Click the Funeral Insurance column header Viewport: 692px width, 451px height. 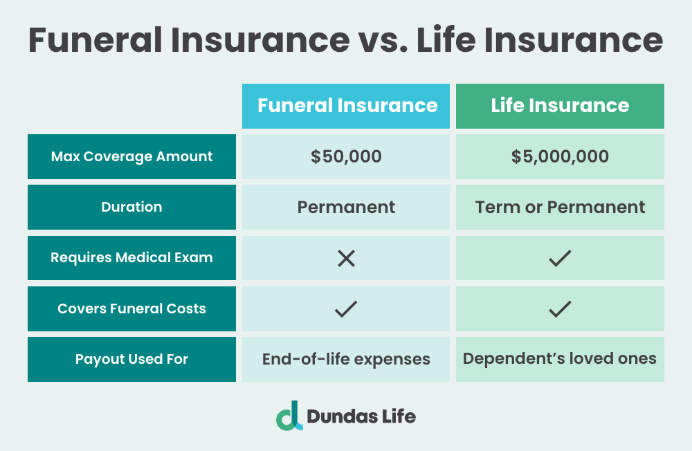346,106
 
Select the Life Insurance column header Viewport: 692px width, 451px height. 560,106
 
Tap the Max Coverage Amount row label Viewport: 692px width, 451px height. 131,157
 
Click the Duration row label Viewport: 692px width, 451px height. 131,208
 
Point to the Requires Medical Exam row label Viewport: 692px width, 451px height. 131,258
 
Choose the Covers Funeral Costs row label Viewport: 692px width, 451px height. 131,309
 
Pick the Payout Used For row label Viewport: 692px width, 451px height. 131,359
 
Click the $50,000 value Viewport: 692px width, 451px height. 346,157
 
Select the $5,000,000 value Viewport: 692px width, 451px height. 560,157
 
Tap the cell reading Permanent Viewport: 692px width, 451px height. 346,208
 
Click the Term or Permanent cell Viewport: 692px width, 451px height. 560,208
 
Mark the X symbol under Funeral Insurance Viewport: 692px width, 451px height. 346,259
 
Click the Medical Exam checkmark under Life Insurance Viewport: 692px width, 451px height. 560,259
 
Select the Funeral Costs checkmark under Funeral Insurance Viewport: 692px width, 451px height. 346,309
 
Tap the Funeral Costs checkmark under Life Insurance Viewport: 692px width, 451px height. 560,309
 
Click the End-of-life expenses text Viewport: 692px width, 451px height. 346,360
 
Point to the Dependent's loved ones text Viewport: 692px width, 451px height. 560,359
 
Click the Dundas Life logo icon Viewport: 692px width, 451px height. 289,416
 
